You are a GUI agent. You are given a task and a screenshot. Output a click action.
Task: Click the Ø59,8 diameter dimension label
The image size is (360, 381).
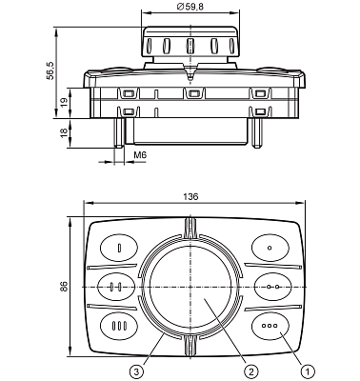190,7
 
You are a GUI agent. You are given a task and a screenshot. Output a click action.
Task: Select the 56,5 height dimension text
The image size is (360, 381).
50,71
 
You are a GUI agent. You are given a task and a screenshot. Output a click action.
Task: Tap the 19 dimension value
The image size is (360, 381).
64,103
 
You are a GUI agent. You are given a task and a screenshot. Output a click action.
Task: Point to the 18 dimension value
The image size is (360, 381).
64,132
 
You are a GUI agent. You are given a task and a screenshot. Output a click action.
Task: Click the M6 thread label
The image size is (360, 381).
140,155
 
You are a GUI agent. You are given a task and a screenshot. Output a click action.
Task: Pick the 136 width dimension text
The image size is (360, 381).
190,196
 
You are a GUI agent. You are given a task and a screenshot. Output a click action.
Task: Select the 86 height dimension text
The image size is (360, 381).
64,287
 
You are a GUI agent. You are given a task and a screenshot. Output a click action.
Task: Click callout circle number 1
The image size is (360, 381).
308,371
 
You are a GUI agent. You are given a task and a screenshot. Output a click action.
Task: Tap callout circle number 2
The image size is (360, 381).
251,371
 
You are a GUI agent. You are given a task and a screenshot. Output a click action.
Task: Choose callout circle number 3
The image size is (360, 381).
136,371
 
